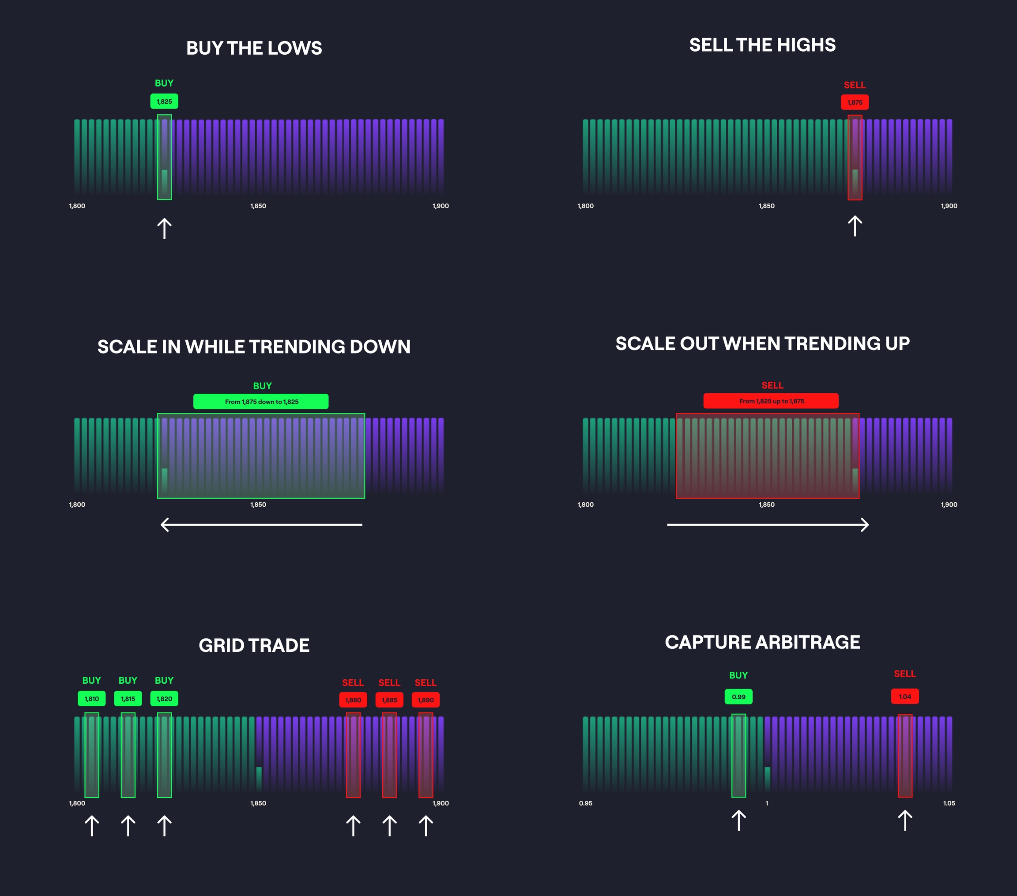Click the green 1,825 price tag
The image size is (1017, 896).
164,102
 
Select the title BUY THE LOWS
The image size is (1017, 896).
254,48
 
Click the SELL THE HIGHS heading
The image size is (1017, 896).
762,45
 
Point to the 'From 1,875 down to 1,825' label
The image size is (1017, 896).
261,402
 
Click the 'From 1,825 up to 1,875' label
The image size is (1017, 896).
771,401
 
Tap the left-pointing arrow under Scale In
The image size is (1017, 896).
261,524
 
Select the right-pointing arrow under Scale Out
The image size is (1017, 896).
768,524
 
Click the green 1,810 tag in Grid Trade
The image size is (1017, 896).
91,699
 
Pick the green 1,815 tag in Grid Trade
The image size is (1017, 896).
128,699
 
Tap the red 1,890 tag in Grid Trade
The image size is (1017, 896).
426,700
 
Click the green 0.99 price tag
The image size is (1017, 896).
738,696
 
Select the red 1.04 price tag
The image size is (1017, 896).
904,696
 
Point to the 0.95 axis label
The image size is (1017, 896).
586,803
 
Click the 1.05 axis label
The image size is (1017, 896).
949,803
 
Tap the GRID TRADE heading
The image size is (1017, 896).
254,645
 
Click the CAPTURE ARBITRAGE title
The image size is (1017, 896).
762,642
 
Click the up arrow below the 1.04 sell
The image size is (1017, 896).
904,821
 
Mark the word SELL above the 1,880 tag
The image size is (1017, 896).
353,682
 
